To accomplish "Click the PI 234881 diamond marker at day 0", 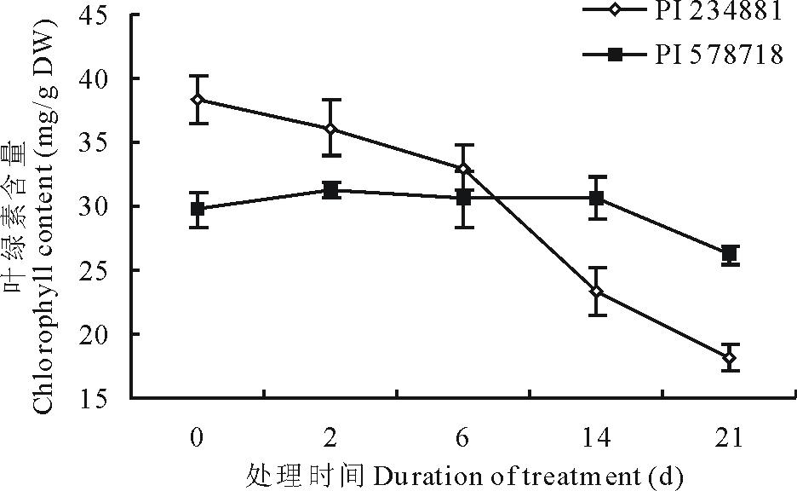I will coord(198,100).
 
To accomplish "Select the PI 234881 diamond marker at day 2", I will coord(330,129).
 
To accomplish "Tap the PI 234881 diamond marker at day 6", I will coord(463,169).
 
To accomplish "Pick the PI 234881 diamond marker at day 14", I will coord(596,292).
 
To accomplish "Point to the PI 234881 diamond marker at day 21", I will coord(729,358).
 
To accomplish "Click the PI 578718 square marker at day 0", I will coord(198,209).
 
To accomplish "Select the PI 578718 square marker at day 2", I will coord(330,190).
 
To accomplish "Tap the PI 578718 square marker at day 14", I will coord(596,199).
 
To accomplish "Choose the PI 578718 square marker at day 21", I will coord(729,253).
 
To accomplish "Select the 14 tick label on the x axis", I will coord(596,438).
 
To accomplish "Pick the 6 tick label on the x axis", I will coord(463,438).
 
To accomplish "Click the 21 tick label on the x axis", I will coord(729,438).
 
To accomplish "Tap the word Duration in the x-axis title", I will coord(413,473).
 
